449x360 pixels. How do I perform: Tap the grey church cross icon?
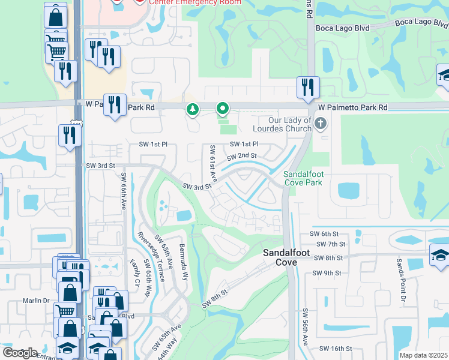click(x=321, y=124)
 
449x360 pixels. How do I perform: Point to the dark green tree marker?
click(x=193, y=109)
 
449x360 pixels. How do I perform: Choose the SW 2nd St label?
click(x=241, y=156)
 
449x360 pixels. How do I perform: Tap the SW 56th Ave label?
click(x=305, y=327)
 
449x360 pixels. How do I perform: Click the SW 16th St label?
click(x=335, y=349)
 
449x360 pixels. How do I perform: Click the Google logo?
click(x=20, y=353)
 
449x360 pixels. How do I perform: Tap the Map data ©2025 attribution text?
click(x=423, y=355)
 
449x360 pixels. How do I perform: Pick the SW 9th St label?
click(x=327, y=273)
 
